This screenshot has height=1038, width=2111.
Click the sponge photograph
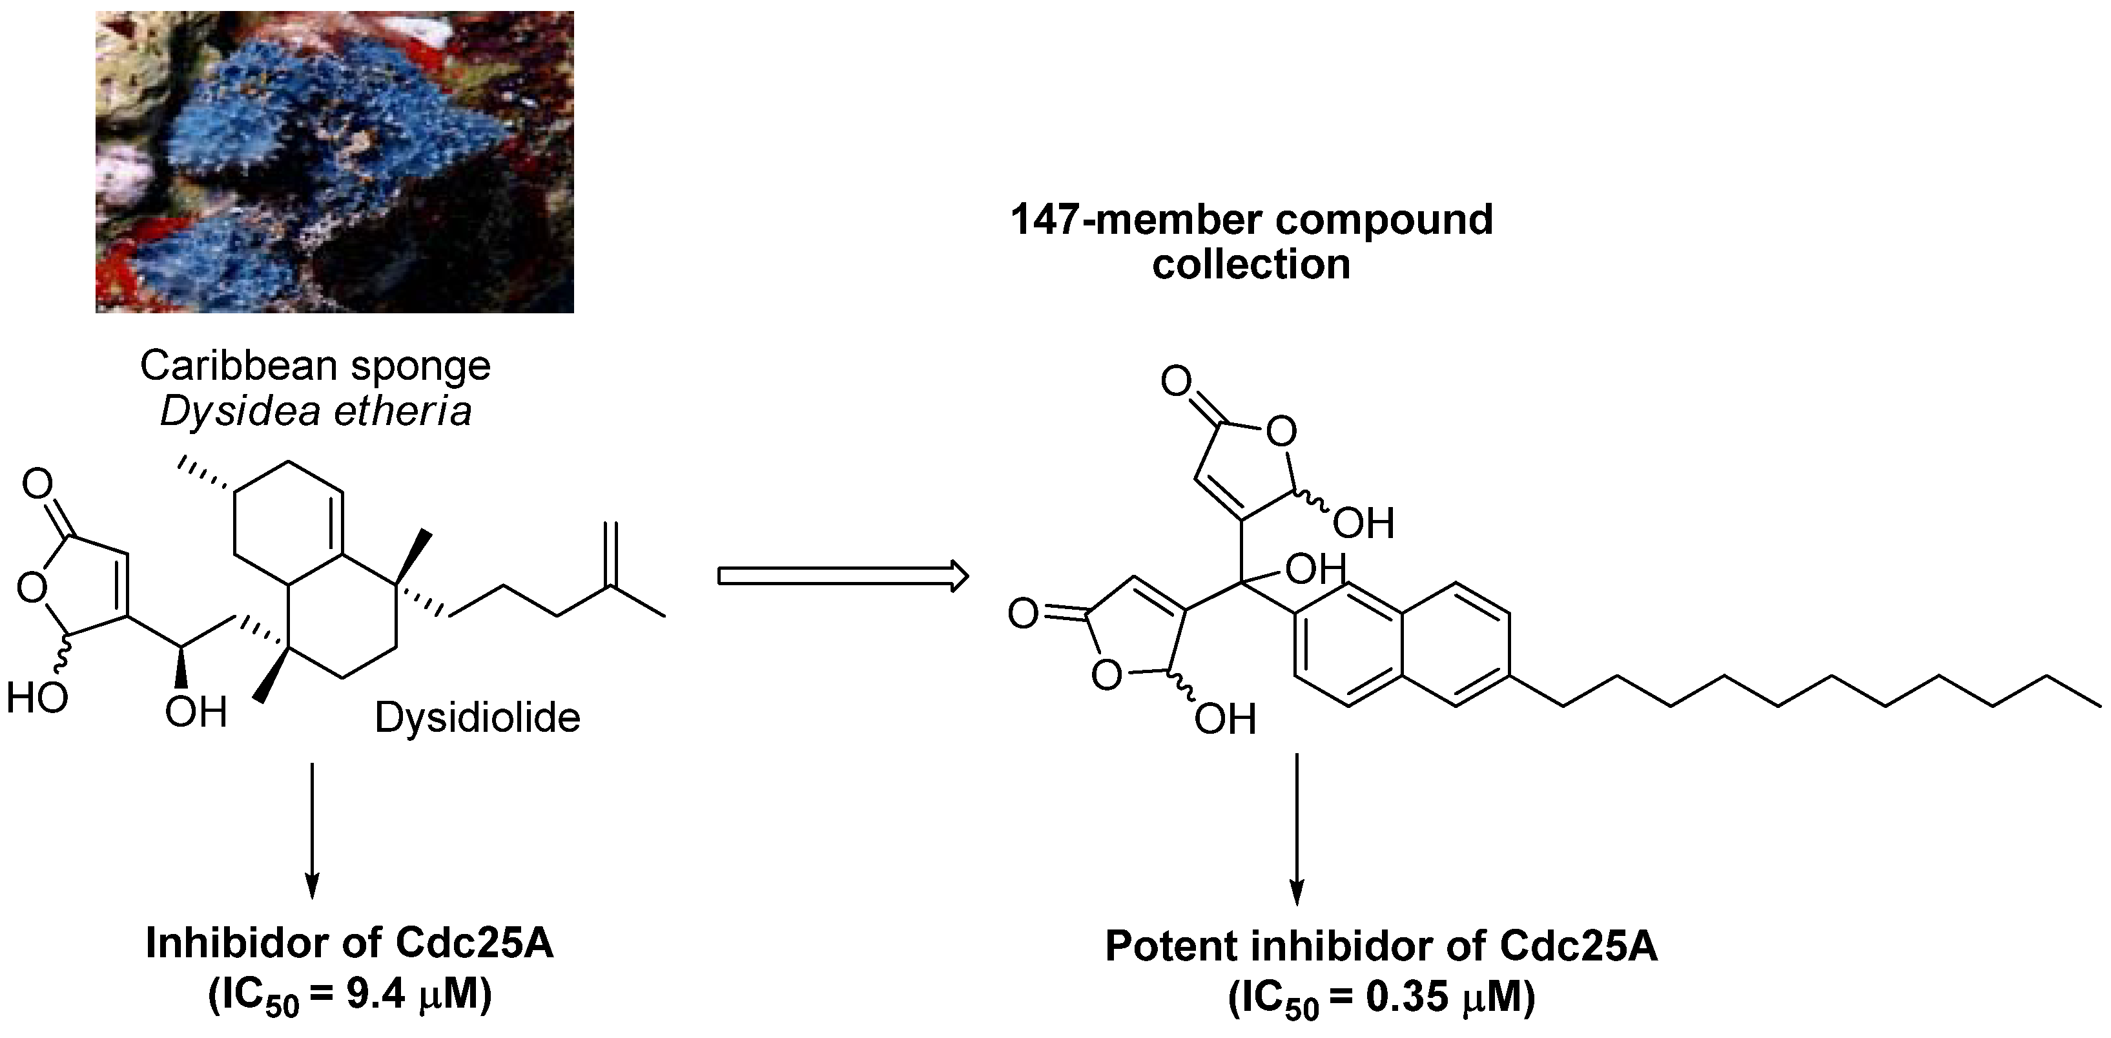coord(335,161)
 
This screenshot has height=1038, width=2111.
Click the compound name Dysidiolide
coord(477,718)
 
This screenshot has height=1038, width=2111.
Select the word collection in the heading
coord(1251,265)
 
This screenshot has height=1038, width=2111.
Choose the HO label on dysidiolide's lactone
coord(36,698)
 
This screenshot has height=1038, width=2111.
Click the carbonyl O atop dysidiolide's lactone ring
coord(37,484)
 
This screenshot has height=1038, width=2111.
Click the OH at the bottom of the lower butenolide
coord(1224,719)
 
